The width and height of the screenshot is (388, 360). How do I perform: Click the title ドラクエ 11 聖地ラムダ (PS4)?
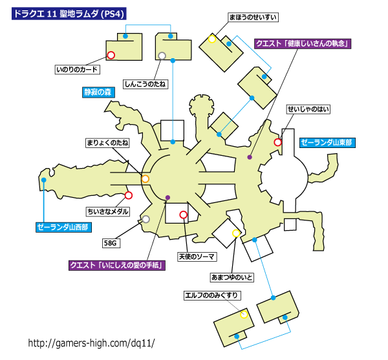point(69,14)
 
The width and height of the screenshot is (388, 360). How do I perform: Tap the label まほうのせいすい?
point(253,17)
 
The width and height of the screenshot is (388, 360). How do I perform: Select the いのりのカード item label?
point(77,69)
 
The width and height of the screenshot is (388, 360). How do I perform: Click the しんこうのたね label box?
point(145,84)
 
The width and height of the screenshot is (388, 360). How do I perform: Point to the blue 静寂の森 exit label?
point(98,92)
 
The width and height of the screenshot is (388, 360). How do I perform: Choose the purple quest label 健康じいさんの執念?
point(303,43)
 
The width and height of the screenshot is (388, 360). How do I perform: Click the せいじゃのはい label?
point(308,109)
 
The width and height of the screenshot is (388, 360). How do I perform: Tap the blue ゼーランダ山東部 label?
point(327,143)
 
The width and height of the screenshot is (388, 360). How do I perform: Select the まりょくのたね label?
point(107,143)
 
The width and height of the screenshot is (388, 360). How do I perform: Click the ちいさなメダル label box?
point(107,211)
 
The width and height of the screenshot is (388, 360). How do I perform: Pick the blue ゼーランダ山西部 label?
point(63,228)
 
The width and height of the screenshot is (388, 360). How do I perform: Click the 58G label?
point(111,243)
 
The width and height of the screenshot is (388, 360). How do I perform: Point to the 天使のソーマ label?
point(197,257)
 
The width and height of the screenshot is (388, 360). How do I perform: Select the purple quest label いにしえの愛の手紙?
point(117,265)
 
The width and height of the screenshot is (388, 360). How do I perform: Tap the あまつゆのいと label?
point(232,277)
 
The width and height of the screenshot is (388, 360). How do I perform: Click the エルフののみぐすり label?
point(212,295)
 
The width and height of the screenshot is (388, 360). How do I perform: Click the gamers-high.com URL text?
point(92,343)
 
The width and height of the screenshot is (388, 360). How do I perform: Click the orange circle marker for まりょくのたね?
point(145,179)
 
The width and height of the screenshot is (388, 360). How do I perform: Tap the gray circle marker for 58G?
point(146,219)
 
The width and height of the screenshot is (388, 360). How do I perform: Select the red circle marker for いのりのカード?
point(111,55)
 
